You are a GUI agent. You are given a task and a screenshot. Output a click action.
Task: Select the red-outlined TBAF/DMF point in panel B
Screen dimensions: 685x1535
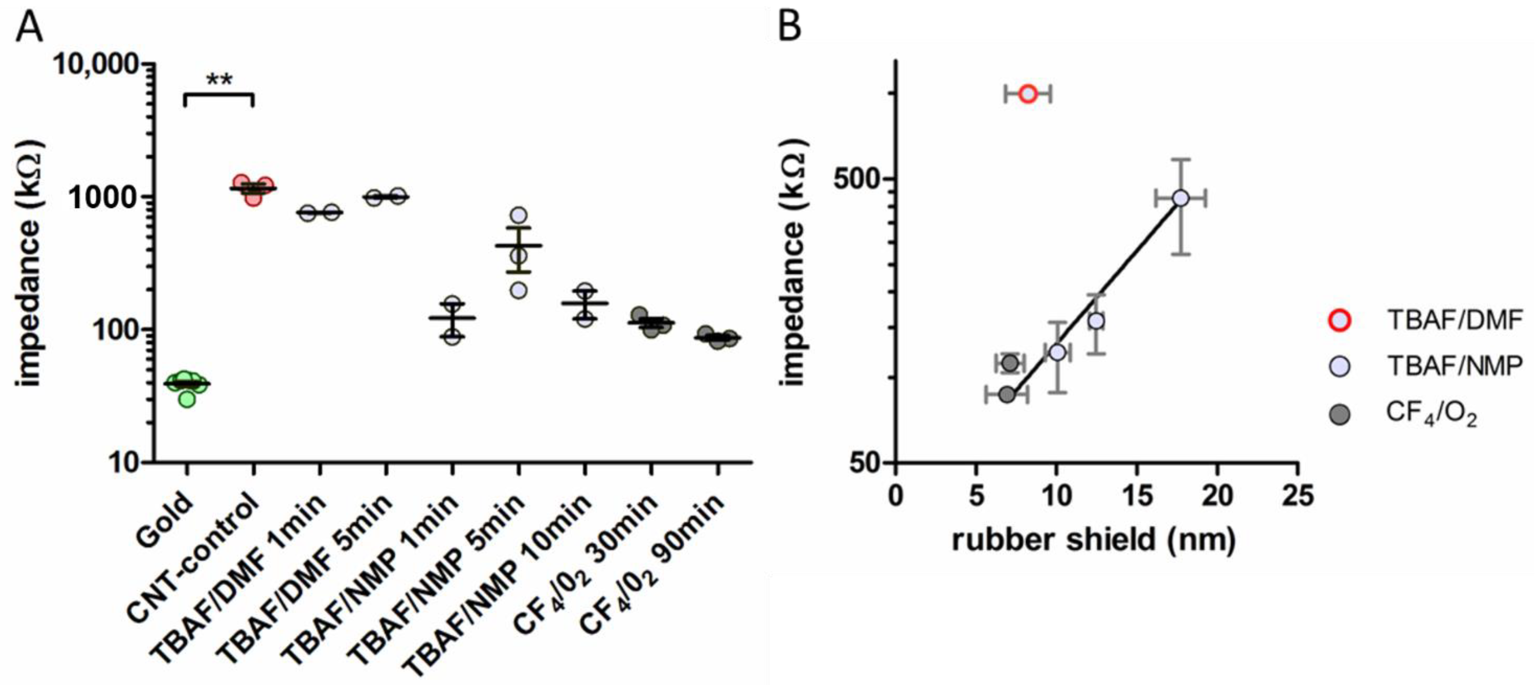pyautogui.click(x=1028, y=94)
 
